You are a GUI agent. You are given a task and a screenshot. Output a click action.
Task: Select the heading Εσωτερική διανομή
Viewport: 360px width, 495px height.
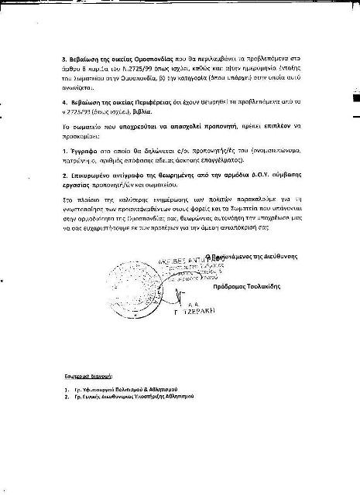coord(88,374)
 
